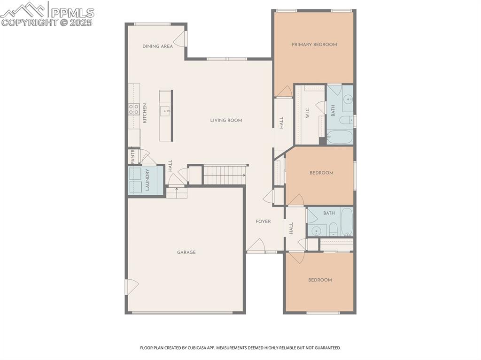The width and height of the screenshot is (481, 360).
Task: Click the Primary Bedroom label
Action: tap(314, 45)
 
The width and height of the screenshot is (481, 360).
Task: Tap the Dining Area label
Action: tap(157, 46)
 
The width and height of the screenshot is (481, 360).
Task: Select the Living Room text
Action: tap(226, 121)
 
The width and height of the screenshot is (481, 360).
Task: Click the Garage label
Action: tap(186, 253)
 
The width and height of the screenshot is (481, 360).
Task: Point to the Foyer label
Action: tap(263, 222)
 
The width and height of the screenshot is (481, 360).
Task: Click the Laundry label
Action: tap(147, 180)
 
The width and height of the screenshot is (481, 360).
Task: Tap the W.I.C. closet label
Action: tap(307, 113)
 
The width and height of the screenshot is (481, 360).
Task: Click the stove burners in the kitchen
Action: tap(134, 109)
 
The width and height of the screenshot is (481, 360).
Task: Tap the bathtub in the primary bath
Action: tap(339, 137)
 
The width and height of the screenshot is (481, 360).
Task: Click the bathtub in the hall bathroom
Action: tap(346, 222)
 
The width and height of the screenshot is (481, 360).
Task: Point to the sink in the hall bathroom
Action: tap(318, 230)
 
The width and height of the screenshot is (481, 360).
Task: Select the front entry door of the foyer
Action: tap(256, 246)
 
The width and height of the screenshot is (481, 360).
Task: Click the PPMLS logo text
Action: tap(72, 13)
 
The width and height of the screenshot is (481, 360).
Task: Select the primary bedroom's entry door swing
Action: tap(284, 92)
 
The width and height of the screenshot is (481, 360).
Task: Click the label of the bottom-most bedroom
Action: tap(320, 280)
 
